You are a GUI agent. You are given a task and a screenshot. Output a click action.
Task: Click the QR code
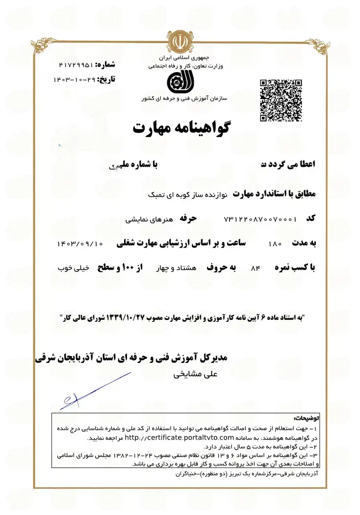pyautogui.click(x=281, y=100)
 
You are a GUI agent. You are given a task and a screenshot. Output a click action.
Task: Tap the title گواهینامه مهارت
pyautogui.click(x=181, y=127)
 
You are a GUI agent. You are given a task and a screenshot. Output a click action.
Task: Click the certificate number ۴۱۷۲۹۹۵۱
pyautogui.click(x=76, y=65)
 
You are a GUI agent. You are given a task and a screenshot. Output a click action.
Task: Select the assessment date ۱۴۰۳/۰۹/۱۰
pyautogui.click(x=80, y=243)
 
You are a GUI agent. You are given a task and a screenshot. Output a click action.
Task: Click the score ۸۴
pyautogui.click(x=254, y=268)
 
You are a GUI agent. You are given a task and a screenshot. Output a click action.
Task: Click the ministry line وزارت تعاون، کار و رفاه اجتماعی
pyautogui.click(x=181, y=66)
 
